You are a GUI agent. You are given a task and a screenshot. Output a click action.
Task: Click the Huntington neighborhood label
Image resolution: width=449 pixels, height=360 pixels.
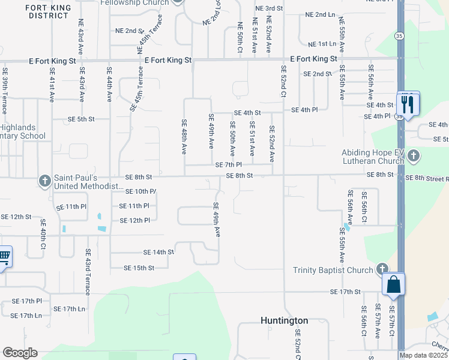click(284, 320)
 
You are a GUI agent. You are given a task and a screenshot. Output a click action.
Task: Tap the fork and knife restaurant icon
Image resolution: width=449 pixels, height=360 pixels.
click(408, 104)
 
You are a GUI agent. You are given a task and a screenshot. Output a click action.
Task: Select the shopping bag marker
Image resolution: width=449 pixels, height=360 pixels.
click(394, 284)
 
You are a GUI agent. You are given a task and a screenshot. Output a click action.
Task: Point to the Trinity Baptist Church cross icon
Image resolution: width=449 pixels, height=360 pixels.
click(382, 269)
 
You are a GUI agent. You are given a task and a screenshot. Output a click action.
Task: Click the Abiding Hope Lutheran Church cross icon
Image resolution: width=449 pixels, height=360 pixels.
click(413, 157)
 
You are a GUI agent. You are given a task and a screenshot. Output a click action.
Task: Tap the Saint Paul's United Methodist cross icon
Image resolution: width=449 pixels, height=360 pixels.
click(45, 181)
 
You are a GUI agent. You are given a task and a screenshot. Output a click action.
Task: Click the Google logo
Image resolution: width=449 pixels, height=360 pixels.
click(20, 353)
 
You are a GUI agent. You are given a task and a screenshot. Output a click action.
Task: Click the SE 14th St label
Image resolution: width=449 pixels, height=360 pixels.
click(158, 253)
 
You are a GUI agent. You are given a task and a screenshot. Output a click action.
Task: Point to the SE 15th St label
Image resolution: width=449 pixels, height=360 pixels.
click(139, 268)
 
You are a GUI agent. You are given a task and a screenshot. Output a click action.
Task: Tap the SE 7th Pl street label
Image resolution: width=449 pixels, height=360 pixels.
click(228, 164)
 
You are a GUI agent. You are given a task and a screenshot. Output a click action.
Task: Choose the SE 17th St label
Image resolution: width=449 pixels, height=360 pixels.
click(345, 292)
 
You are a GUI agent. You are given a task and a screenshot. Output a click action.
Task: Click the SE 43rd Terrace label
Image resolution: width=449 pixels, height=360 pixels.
click(88, 272)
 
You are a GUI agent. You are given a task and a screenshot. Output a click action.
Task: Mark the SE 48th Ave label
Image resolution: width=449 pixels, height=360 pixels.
click(184, 137)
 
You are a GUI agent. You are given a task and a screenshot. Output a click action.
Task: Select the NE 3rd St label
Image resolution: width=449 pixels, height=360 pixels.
click(268, 8)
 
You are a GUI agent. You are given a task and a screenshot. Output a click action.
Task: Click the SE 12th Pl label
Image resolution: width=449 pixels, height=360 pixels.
click(134, 220)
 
